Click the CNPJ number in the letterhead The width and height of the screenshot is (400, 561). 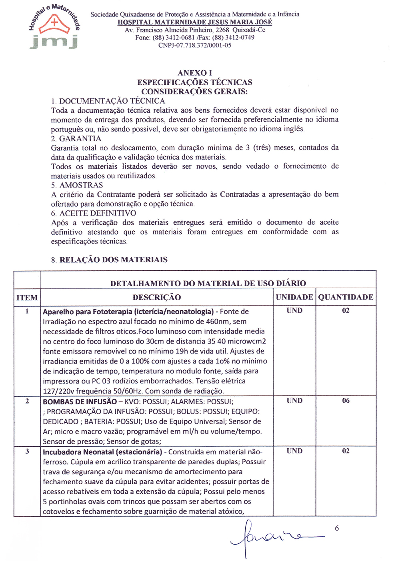point(195,45)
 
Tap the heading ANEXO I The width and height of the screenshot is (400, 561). point(195,73)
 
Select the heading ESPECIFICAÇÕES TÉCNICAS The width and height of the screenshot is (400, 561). point(195,82)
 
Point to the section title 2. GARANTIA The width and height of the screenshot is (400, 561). point(76,138)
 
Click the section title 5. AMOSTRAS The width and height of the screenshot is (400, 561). point(77,185)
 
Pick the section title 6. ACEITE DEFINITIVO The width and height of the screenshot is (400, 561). point(94,213)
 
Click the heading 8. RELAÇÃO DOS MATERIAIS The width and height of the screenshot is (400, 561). point(109,260)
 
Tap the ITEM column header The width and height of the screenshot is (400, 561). point(27,297)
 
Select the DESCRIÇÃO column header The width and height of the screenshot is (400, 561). point(157,297)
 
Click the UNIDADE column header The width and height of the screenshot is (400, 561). point(294,297)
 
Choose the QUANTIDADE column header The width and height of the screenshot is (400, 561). point(346,297)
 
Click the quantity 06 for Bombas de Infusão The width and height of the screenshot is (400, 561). point(346,401)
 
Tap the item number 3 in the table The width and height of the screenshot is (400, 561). point(27,451)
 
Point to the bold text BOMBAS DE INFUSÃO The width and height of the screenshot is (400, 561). point(80,401)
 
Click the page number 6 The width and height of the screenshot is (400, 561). point(337,528)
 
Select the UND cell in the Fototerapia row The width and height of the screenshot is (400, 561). point(294,311)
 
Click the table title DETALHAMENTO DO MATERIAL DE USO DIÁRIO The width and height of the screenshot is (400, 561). point(208,283)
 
